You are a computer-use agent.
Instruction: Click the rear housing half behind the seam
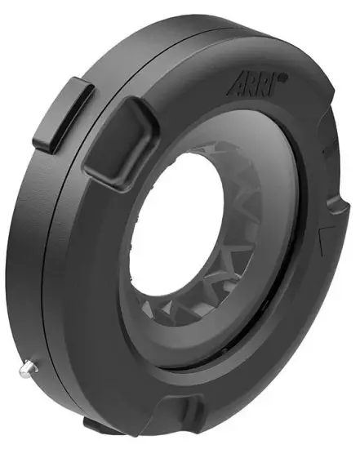[x=41, y=245]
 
